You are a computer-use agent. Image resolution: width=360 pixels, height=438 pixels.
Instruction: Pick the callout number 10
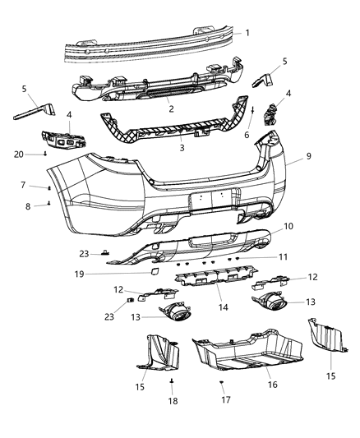pos(288,226)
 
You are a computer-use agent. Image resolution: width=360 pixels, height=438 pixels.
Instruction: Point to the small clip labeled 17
pos(222,383)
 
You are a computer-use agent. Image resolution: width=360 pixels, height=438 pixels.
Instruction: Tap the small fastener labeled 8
pos(49,205)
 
